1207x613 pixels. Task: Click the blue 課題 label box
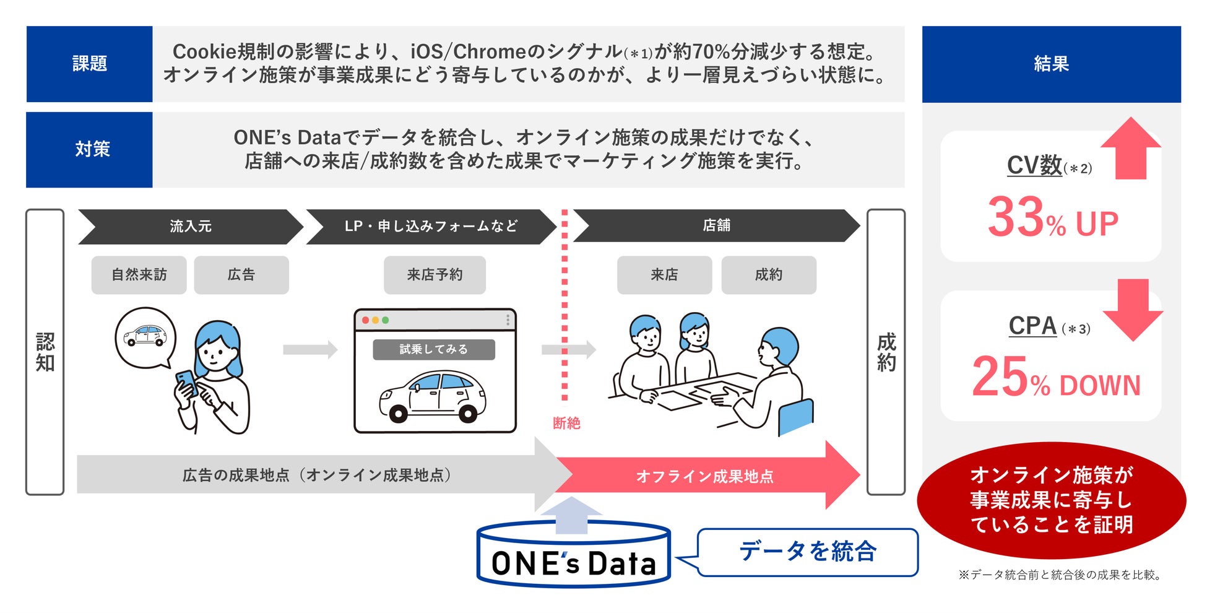89,64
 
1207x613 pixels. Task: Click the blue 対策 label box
89,149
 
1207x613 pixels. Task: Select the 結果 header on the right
1051,64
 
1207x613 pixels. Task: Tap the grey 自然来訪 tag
139,275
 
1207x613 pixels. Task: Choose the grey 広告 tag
241,275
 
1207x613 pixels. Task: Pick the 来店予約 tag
435,275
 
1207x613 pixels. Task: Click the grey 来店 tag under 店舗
664,275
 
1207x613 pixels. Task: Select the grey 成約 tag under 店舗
769,275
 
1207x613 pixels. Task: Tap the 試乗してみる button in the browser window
433,349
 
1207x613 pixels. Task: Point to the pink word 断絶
566,423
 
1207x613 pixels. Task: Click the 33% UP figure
1052,218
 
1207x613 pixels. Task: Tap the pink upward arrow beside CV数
1131,149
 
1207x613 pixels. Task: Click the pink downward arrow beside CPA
1133,310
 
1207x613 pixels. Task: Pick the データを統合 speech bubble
808,552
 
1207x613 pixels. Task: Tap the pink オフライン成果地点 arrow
706,476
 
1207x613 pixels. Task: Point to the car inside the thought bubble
145,336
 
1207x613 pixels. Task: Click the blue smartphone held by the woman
186,383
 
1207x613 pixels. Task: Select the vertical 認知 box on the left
45,352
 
